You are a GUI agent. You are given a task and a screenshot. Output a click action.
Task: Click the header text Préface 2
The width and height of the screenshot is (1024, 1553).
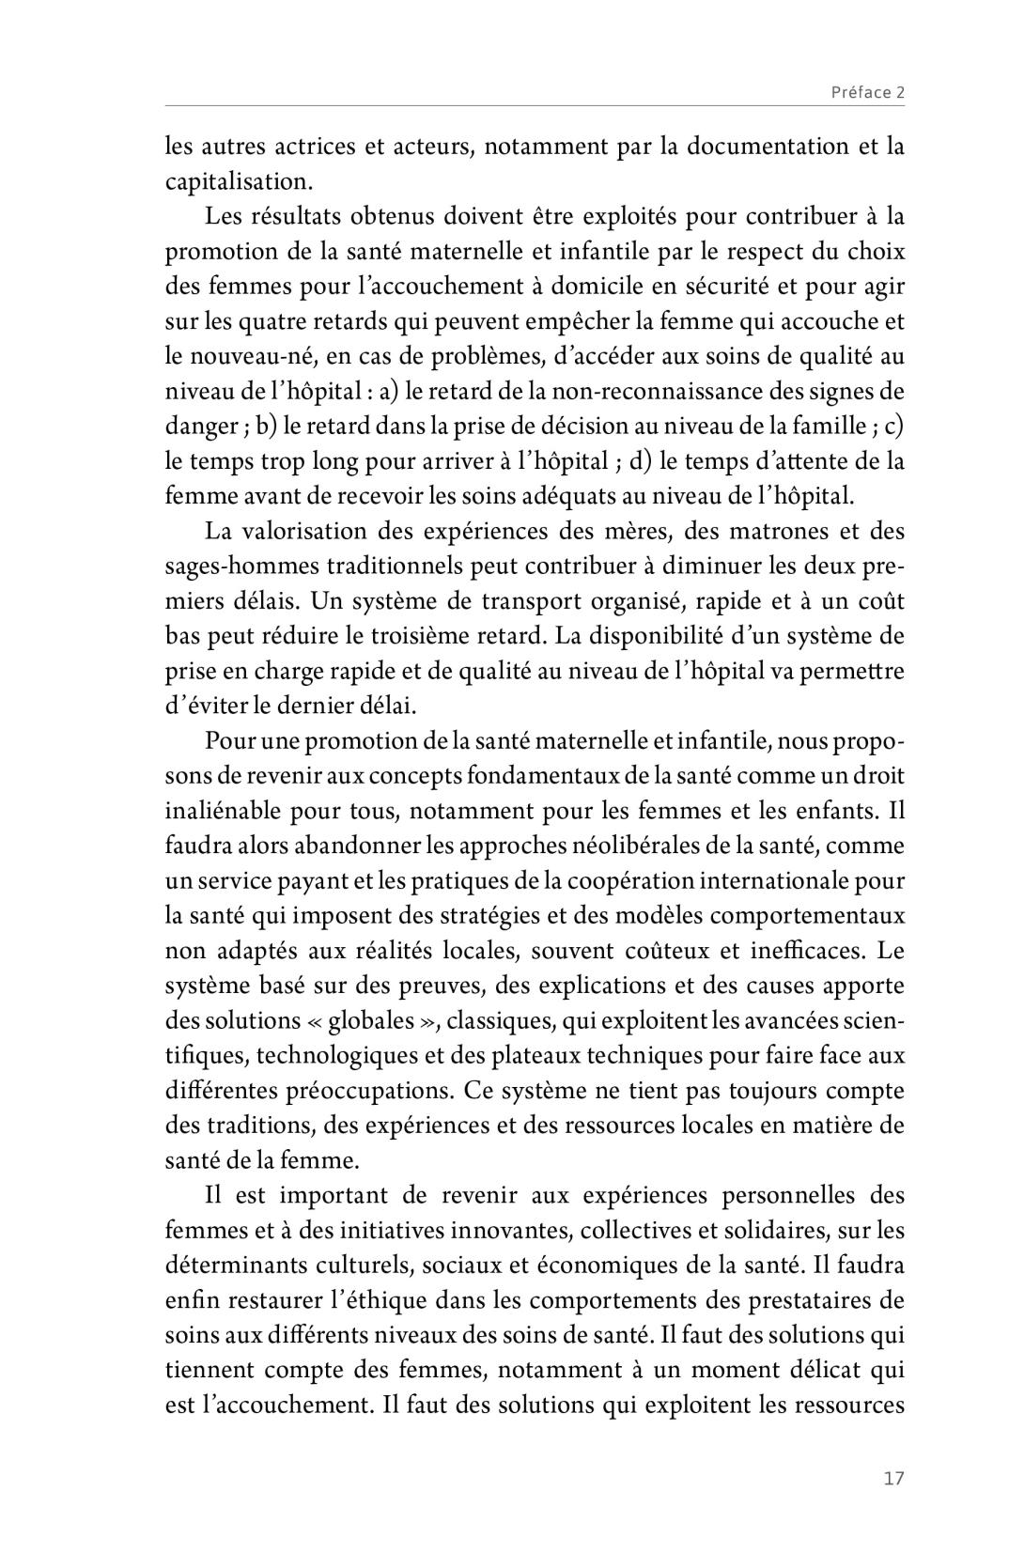pyautogui.click(x=866, y=92)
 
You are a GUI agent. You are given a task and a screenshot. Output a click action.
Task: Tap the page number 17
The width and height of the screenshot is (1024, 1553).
pyautogui.click(x=893, y=1478)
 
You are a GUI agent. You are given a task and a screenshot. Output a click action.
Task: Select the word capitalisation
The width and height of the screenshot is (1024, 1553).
pyautogui.click(x=236, y=181)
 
